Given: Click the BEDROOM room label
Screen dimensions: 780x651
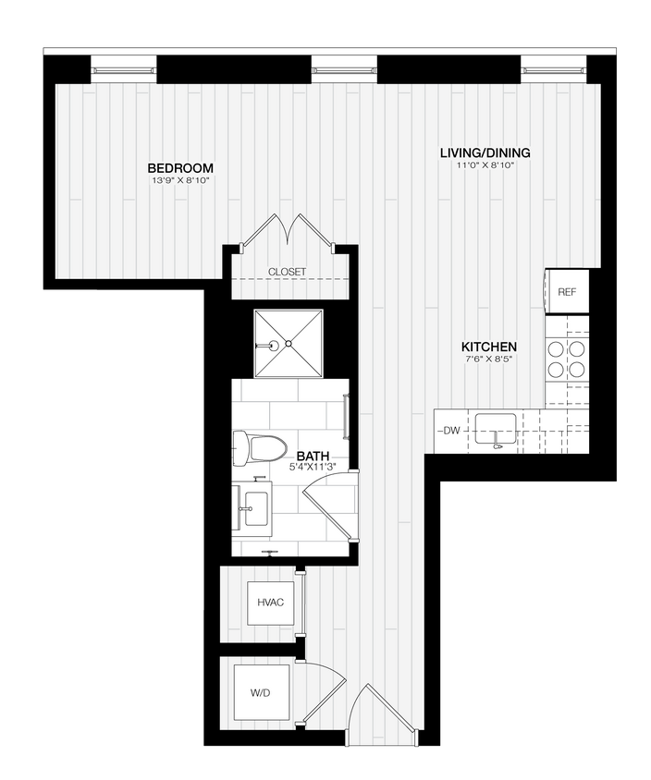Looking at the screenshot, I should click(180, 168).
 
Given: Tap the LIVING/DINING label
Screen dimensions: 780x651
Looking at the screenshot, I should click(485, 153).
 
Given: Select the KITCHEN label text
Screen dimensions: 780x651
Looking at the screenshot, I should click(489, 347).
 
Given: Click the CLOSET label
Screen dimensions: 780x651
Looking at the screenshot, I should click(287, 272).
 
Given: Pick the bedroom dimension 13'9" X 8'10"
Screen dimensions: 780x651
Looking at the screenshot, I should click(180, 181).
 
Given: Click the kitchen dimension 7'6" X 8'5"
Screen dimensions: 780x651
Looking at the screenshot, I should click(489, 359).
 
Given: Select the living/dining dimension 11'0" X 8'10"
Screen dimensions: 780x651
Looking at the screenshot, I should click(485, 166).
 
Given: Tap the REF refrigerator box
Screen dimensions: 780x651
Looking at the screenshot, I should click(567, 292).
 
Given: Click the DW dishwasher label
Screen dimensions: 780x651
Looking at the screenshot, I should click(451, 431).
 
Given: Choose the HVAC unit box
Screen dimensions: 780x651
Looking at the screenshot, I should click(270, 603).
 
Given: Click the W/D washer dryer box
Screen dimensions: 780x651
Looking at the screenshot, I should click(259, 692).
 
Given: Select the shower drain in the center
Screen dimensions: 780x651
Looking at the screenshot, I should click(289, 344).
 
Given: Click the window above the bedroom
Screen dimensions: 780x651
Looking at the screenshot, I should click(124, 67).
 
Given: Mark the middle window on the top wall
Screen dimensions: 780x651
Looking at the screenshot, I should click(345, 67).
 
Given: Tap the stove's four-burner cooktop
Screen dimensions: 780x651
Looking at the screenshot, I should click(567, 359).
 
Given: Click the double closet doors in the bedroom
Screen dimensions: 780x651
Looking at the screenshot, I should click(287, 231).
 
